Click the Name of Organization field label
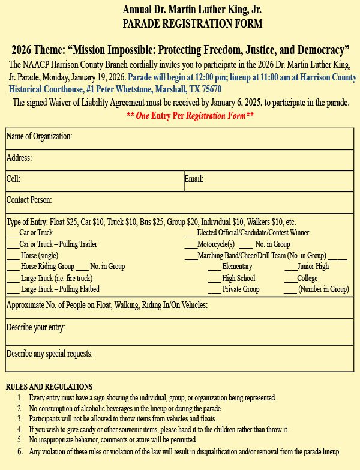39,137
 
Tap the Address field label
19,158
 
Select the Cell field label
13,179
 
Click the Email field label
194,179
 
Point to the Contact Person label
29,200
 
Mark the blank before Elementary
214,267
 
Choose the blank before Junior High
290,267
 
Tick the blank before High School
214,279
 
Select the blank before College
290,279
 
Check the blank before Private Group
214,290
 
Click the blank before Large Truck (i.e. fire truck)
13,279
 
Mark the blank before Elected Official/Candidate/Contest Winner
190,233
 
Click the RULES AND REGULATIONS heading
49,387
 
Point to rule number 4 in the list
20,430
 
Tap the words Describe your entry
36,327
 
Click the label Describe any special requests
50,354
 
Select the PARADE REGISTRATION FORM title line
192,25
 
